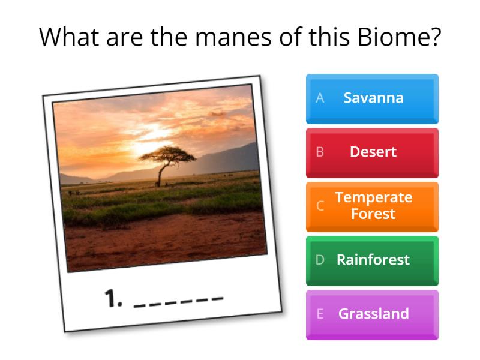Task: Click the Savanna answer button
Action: click(373, 98)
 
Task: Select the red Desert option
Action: click(373, 152)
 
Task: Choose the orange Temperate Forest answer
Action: click(373, 206)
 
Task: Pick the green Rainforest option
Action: click(373, 260)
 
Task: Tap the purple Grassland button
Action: click(373, 314)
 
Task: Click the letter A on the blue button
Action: click(320, 98)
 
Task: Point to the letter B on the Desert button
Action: click(320, 152)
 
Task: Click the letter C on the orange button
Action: click(320, 206)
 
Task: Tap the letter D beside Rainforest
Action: click(320, 260)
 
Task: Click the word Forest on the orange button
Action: click(373, 214)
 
